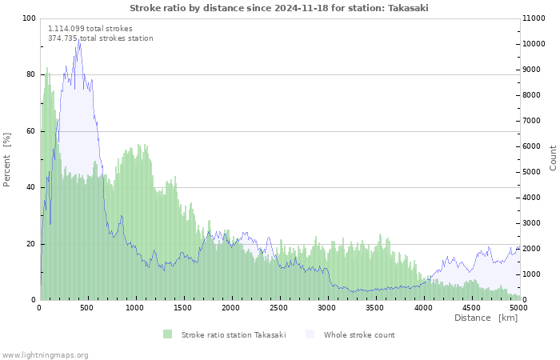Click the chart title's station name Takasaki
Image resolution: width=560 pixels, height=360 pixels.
point(408,8)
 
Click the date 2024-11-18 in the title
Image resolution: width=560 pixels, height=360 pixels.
point(301,8)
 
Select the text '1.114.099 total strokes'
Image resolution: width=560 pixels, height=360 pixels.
point(90,29)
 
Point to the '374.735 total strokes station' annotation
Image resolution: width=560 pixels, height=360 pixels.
point(101,38)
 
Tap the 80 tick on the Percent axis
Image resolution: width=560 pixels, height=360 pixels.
point(31,74)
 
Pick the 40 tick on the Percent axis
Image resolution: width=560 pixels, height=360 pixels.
point(31,187)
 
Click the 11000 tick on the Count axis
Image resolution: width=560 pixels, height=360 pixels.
point(534,18)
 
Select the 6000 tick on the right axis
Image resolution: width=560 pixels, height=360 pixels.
point(531,146)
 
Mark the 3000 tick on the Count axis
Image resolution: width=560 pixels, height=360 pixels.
point(531,223)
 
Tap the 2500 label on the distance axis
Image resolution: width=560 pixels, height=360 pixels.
point(278,308)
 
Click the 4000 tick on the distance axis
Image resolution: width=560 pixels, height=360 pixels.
point(423,308)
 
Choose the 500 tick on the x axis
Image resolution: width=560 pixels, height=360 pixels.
point(86,308)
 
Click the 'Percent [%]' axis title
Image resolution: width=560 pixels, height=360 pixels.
point(6,159)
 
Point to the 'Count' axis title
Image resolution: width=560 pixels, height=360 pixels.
point(553,158)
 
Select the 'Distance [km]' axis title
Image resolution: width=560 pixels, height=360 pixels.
point(486,318)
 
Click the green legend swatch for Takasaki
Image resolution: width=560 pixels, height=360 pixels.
point(167,334)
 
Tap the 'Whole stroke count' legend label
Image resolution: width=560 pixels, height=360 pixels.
point(359,335)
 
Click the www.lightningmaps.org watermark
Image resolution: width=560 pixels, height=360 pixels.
point(45,355)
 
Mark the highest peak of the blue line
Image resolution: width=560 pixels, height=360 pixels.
point(79,40)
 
